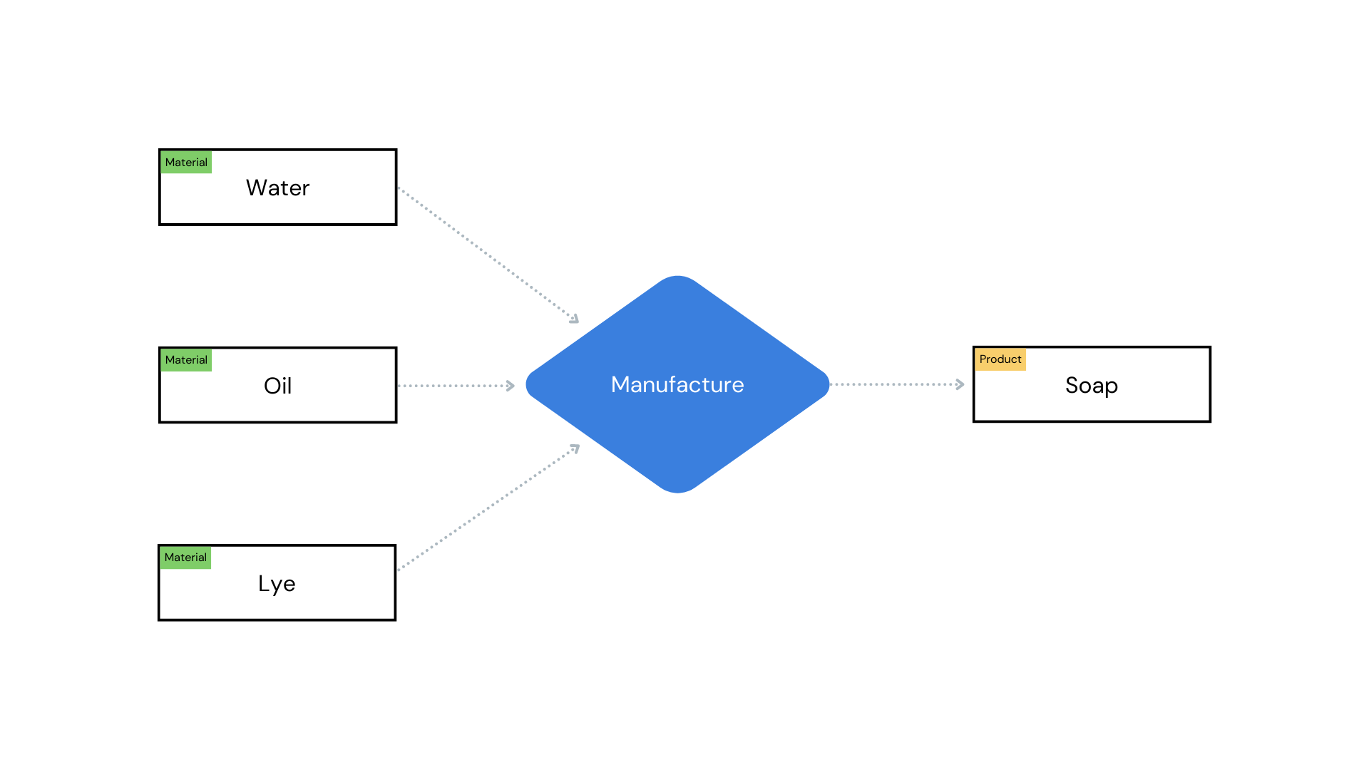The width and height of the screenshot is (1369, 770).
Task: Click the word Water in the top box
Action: [277, 188]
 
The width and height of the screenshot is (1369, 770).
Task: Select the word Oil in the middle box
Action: [277, 386]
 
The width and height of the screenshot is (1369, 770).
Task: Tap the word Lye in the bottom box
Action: [277, 583]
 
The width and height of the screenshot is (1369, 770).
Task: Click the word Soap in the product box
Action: [1091, 385]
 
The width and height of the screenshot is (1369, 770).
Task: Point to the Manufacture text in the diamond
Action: [677, 384]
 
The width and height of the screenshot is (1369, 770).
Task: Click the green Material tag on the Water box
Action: [186, 163]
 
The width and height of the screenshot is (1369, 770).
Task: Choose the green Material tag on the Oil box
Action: [186, 360]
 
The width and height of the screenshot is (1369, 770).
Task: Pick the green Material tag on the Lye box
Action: [185, 558]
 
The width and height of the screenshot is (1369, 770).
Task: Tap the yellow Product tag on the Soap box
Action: [1000, 359]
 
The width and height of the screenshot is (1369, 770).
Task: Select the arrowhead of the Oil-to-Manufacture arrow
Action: [511, 386]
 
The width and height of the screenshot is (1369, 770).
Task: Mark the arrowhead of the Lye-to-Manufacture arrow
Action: [575, 448]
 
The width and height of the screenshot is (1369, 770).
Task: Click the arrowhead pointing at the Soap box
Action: [960, 384]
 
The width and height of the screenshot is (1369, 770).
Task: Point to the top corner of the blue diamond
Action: [677, 277]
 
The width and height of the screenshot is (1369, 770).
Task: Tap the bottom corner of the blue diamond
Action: [677, 491]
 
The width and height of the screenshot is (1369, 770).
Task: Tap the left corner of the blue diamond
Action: [528, 384]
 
